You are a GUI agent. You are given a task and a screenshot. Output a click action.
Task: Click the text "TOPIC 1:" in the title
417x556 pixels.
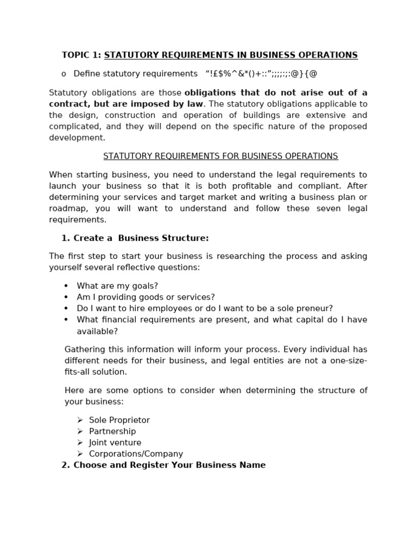point(81,55)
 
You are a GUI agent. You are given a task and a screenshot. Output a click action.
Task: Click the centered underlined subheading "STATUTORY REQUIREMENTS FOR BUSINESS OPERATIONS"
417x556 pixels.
point(220,156)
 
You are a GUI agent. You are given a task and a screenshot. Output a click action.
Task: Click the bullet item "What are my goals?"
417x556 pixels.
point(117,286)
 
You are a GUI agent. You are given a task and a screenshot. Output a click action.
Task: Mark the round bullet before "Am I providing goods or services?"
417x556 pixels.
point(66,298)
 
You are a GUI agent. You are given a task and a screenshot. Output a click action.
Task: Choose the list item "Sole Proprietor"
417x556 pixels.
point(119,420)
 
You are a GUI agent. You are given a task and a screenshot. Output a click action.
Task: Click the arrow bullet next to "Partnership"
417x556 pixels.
point(80,432)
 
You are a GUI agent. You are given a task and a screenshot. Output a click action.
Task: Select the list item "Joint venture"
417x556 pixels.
point(115,443)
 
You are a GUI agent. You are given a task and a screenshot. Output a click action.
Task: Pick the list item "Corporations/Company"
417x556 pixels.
point(136,454)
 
